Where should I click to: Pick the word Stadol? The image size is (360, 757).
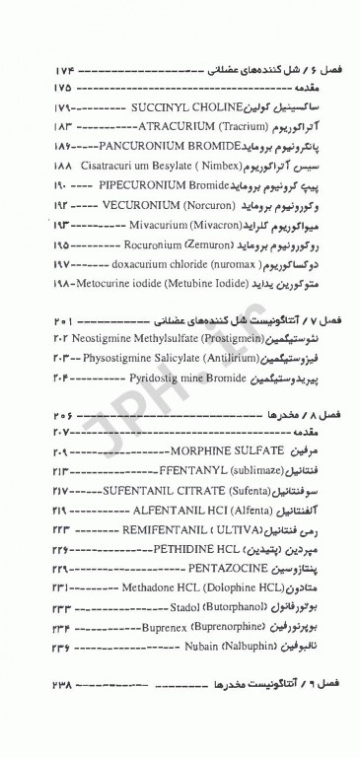[180, 611]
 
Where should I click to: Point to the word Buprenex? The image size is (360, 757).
[162, 631]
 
